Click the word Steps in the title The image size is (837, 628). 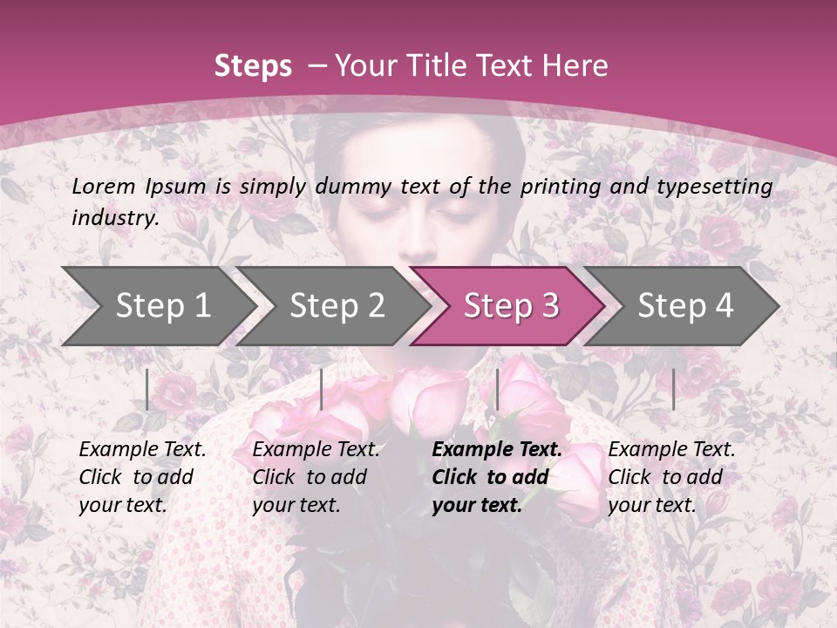click(253, 66)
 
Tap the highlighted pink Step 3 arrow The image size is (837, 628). click(511, 306)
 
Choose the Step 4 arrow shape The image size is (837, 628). click(685, 306)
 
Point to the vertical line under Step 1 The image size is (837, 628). click(147, 389)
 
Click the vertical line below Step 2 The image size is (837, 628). click(322, 389)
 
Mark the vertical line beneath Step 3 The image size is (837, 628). click(497, 389)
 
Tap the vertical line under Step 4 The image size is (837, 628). click(673, 389)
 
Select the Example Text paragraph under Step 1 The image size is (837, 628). click(142, 477)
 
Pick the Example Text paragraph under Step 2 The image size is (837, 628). click(316, 477)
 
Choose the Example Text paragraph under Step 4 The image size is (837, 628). click(671, 477)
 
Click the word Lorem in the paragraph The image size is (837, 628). click(104, 186)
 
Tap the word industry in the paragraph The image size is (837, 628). click(115, 218)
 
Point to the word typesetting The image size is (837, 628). click(719, 187)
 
